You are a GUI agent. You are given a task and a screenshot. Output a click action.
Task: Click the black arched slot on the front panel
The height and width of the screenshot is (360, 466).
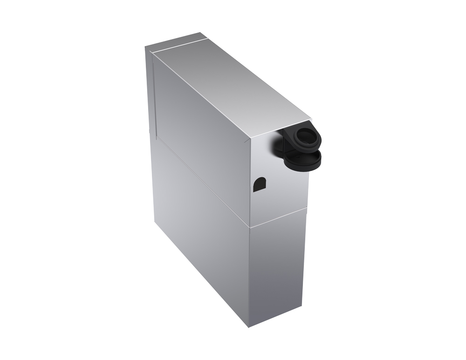click(x=259, y=184)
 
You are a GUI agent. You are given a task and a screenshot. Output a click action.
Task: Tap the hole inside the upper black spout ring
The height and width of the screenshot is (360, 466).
click(x=306, y=136)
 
